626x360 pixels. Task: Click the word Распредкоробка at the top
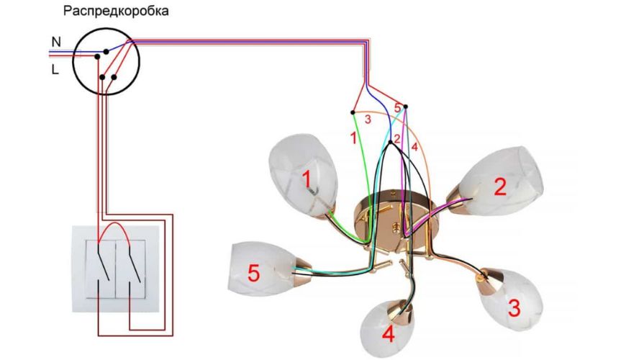115,12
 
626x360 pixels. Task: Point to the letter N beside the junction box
55,42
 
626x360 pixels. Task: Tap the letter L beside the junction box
55,70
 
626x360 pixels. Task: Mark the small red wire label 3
367,120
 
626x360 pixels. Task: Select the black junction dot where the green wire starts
352,112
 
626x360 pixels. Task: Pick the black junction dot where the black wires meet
390,143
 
